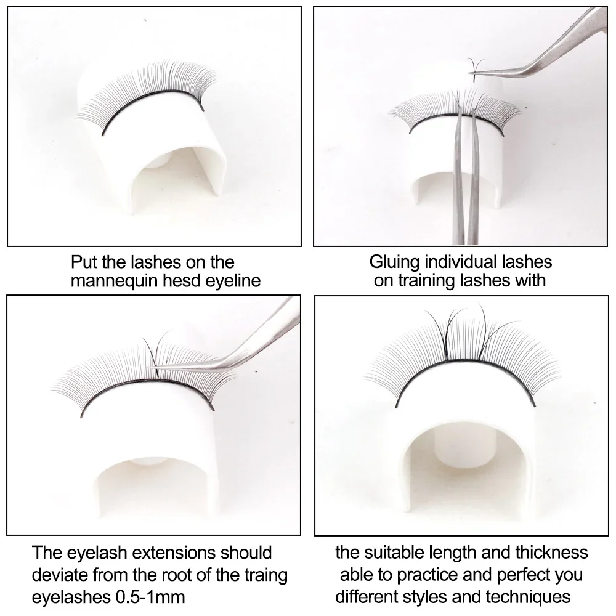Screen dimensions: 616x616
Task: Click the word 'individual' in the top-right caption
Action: [456, 262]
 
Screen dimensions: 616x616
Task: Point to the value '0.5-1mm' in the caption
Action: [150, 597]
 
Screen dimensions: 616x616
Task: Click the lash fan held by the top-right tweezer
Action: [476, 69]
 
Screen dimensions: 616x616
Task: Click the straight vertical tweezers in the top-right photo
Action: [466, 177]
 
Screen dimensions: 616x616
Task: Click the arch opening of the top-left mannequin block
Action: [177, 173]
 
